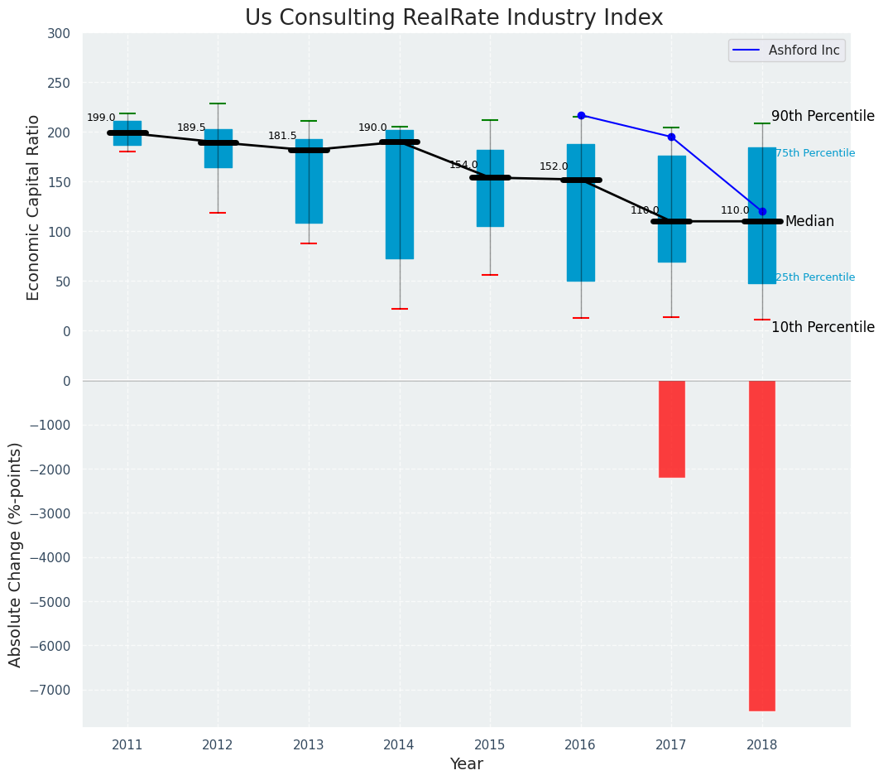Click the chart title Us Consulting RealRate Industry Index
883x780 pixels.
point(453,18)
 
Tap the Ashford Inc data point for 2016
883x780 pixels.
point(581,115)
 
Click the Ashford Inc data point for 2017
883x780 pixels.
point(671,137)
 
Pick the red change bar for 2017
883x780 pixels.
point(671,429)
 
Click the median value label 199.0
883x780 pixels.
point(101,118)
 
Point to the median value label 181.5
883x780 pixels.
point(282,136)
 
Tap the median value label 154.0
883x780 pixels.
point(463,165)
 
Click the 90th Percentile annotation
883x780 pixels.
point(823,116)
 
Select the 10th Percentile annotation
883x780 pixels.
point(823,327)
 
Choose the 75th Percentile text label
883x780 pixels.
point(815,153)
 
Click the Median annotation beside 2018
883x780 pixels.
point(809,221)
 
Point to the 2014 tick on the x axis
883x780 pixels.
point(399,744)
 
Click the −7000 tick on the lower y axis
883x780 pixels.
point(55,690)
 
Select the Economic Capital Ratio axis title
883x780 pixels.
point(33,207)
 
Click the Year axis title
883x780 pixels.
point(467,764)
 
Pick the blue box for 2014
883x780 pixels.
point(399,195)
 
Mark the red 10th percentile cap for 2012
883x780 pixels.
point(218,213)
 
